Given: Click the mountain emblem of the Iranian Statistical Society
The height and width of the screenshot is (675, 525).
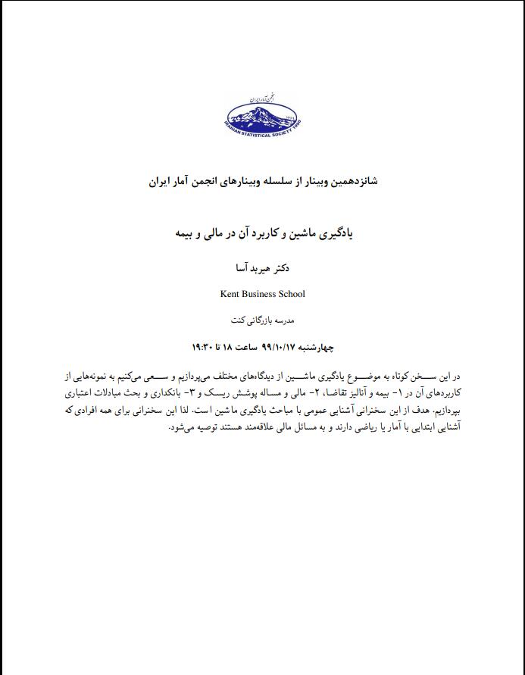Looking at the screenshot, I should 262,114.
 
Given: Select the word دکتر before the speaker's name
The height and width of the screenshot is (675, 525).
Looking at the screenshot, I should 280,269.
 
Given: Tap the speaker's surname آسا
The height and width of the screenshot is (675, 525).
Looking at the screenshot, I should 243,269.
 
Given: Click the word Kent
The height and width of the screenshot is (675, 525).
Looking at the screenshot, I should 231,294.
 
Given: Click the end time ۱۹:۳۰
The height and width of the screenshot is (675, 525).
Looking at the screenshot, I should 205,346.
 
